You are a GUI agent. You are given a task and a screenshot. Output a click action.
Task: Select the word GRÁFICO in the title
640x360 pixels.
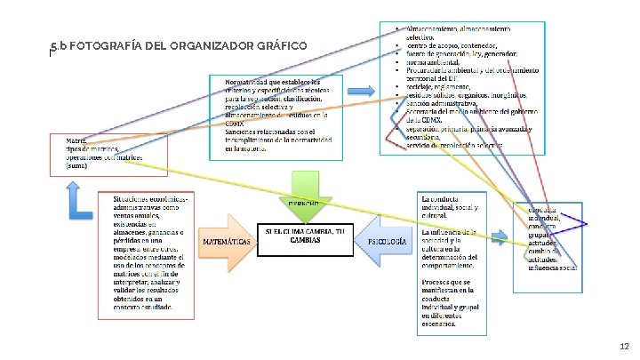click(284, 45)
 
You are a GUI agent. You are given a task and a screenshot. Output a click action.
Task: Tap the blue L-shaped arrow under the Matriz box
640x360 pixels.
click(80, 199)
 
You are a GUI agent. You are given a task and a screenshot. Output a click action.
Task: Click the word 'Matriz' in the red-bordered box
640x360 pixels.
click(77, 140)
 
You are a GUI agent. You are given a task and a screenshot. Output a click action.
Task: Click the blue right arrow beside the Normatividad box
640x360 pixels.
click(360, 92)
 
